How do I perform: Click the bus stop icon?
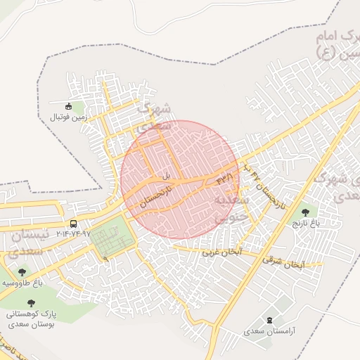(x=74, y=224)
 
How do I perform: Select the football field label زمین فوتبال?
(x=68, y=117)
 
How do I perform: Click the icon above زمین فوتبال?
(x=68, y=107)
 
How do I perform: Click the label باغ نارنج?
(x=306, y=223)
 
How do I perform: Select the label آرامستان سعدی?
(x=270, y=330)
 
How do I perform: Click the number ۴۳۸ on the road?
(x=224, y=179)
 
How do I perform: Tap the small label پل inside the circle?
(x=167, y=175)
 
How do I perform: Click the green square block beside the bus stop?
(x=112, y=238)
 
